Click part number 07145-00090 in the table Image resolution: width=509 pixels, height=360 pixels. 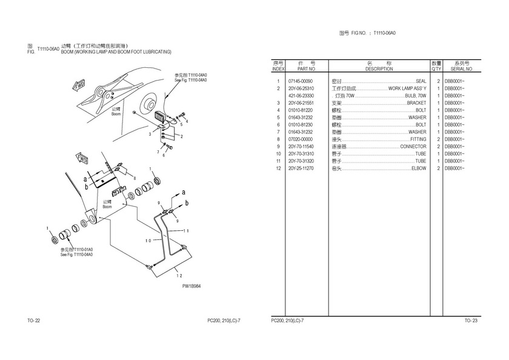click(301, 81)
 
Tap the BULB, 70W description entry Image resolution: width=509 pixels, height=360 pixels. click(416, 96)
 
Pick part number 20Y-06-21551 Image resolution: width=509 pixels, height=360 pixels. click(301, 103)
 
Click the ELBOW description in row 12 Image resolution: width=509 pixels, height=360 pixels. click(418, 168)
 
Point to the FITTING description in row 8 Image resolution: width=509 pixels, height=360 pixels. click(418, 139)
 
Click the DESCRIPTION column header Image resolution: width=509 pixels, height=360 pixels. click(379, 69)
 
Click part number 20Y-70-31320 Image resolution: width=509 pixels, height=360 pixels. click(301, 161)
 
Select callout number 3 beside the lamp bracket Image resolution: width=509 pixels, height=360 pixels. click(150, 133)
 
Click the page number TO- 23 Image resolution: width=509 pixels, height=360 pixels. click(471, 320)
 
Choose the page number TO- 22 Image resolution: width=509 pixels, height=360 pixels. click(33, 320)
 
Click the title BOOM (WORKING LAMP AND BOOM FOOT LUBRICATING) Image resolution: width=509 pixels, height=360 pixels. click(116, 52)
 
